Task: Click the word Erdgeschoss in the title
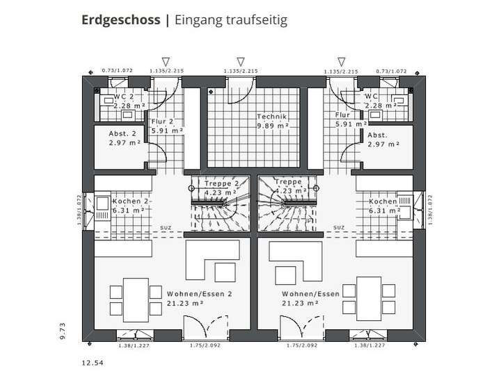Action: pos(120,19)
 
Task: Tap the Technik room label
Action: pos(271,117)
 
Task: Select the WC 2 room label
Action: pos(124,97)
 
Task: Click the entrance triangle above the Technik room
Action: pos(241,62)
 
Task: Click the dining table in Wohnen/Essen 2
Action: pos(129,296)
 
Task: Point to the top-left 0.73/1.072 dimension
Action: pos(117,71)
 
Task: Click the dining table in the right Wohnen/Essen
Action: pos(369,296)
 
